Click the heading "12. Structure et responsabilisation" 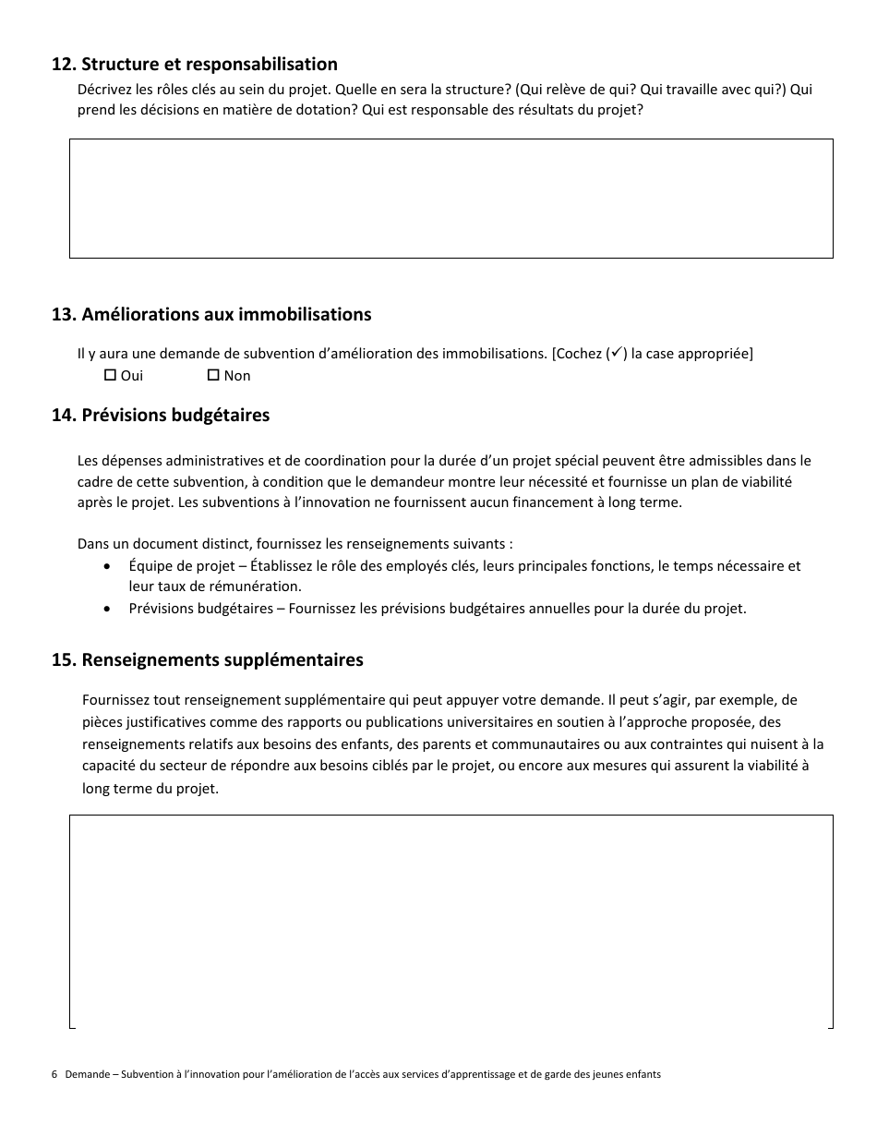tap(195, 65)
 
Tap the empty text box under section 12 tap(451, 199)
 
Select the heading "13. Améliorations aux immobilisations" tap(211, 315)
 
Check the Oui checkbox tap(110, 376)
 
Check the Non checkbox tap(213, 376)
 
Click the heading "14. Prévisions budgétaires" tap(161, 416)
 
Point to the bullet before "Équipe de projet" tap(110, 566)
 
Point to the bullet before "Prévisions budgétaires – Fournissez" tap(110, 609)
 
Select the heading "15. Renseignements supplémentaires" tap(208, 660)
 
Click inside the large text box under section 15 tap(451, 921)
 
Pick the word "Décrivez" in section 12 tap(105, 91)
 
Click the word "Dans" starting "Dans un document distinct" tap(92, 544)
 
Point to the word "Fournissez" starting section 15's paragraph tap(117, 700)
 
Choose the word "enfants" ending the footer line tap(642, 1075)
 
